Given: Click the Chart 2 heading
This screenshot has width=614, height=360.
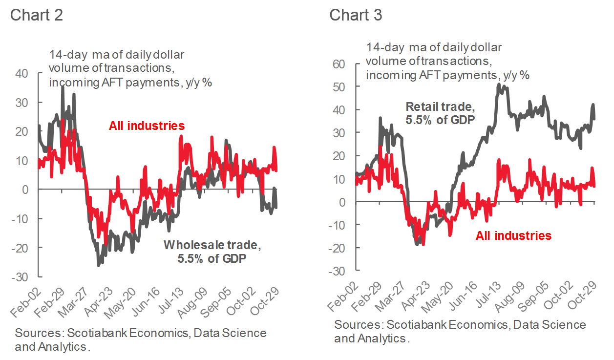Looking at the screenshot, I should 36,15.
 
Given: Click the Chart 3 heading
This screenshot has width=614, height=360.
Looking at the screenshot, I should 355,15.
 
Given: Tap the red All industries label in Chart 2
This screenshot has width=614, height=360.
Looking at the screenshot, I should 147,126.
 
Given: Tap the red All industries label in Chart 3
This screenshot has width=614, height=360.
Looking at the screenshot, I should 513,235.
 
